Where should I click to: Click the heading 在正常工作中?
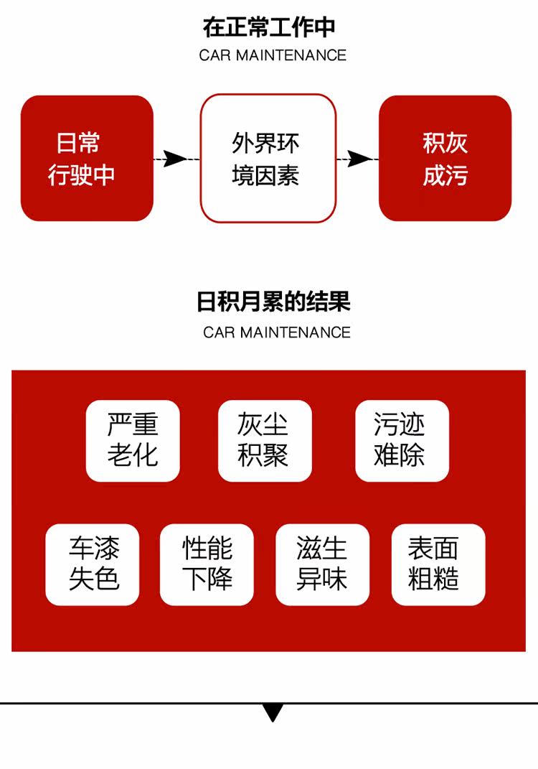269,28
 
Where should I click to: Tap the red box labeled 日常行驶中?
87,158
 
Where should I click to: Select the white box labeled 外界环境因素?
268,158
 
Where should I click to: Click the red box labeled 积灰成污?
445,158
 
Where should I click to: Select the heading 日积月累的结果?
273,302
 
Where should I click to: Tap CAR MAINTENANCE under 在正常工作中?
273,55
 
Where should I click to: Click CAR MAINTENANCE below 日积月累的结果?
277,332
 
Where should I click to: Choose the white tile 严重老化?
133,440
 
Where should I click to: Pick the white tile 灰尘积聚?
265,440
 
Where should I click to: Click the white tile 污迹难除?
402,440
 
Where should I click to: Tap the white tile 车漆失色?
93,564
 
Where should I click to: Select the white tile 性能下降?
207,564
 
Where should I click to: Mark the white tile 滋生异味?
322,564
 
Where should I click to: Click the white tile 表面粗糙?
438,564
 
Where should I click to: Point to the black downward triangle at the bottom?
273,712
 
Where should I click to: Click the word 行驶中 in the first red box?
81,175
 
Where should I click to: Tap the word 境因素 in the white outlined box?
265,175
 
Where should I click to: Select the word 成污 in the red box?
445,175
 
